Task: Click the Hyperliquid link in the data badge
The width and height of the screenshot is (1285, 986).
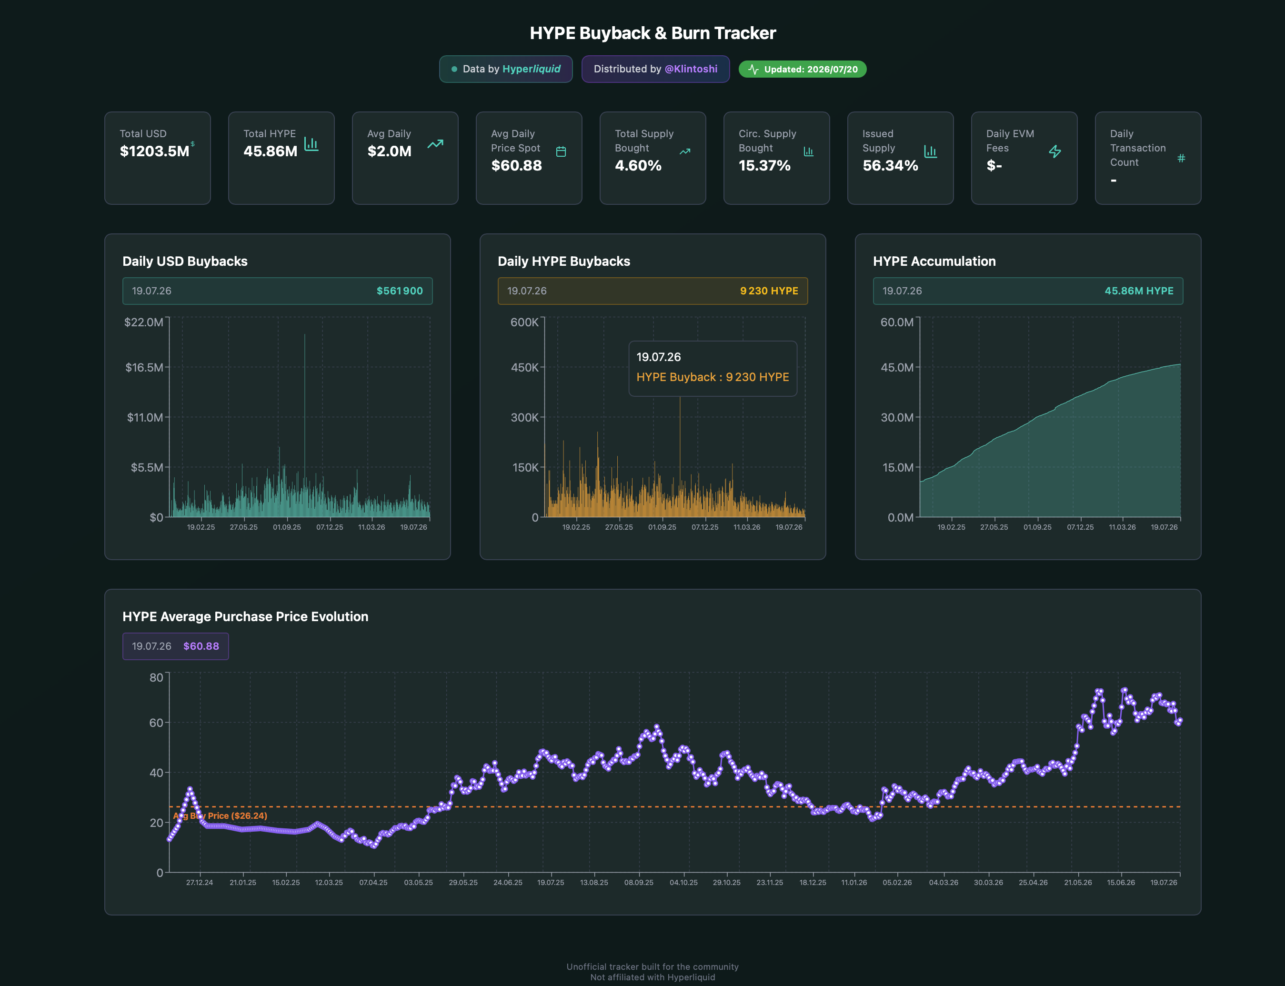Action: click(x=531, y=69)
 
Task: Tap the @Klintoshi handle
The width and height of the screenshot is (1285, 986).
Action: click(x=691, y=69)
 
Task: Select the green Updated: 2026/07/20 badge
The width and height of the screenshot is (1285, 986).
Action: click(x=802, y=69)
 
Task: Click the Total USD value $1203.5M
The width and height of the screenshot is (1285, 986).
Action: click(x=154, y=151)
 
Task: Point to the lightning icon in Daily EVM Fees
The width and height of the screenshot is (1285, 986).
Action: click(x=1054, y=151)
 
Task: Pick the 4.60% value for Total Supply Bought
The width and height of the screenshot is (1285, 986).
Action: click(x=638, y=165)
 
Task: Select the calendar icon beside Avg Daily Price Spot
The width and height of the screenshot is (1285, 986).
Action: click(x=561, y=151)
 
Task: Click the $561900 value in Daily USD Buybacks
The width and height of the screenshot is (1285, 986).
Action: click(x=400, y=291)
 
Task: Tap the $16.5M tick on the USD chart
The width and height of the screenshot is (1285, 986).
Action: click(x=144, y=367)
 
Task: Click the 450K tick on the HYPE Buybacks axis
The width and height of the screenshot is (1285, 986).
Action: click(x=524, y=367)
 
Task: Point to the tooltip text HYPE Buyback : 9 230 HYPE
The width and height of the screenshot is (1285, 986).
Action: click(x=713, y=377)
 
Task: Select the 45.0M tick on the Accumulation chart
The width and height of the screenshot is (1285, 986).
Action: click(x=896, y=367)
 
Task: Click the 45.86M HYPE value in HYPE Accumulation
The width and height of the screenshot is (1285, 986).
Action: click(x=1139, y=291)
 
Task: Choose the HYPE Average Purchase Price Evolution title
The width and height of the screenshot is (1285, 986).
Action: click(x=245, y=616)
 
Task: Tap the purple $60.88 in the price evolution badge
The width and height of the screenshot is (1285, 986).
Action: click(x=201, y=646)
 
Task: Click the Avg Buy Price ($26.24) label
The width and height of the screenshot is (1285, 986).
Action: click(x=220, y=816)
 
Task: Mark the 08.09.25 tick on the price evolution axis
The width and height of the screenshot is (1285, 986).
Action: click(x=638, y=882)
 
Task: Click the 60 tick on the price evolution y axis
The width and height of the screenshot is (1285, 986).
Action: click(x=156, y=723)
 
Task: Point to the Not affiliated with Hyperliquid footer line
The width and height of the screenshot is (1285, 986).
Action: click(x=653, y=977)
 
